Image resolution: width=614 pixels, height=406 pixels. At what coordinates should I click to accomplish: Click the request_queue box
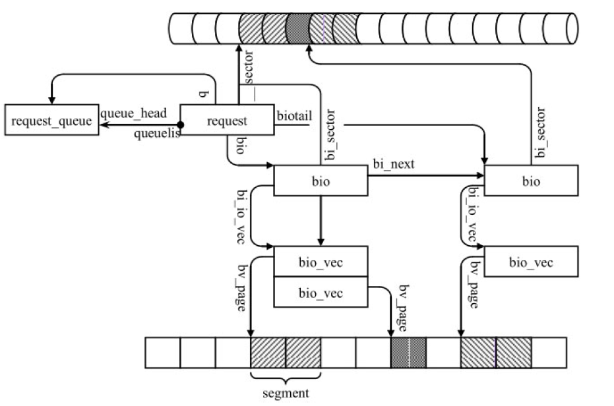51,120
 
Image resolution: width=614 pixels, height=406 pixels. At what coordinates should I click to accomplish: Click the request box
227,120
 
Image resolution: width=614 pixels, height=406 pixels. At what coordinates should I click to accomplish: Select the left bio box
320,181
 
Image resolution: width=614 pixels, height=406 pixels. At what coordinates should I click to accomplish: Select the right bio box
531,181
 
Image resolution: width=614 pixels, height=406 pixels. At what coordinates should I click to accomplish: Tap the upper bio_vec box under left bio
320,263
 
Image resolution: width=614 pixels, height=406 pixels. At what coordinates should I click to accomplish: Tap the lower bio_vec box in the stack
320,293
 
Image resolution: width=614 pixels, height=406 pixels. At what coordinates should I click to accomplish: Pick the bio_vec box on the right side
531,263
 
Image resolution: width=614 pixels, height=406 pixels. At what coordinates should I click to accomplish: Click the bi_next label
394,164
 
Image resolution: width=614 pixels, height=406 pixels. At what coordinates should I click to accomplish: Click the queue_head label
133,113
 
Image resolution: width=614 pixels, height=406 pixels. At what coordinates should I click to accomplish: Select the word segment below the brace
286,393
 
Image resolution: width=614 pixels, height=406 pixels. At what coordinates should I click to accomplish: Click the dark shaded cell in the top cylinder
297,28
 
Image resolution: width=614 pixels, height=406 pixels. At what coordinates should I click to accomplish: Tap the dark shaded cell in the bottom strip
408,353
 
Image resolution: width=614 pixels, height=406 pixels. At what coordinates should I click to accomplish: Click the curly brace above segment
286,377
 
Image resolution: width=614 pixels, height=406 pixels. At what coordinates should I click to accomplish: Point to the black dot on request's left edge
180,124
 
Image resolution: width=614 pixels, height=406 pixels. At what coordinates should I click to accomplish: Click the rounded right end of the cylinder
572,28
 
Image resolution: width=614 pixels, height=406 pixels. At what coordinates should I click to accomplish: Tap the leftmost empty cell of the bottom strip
162,353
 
